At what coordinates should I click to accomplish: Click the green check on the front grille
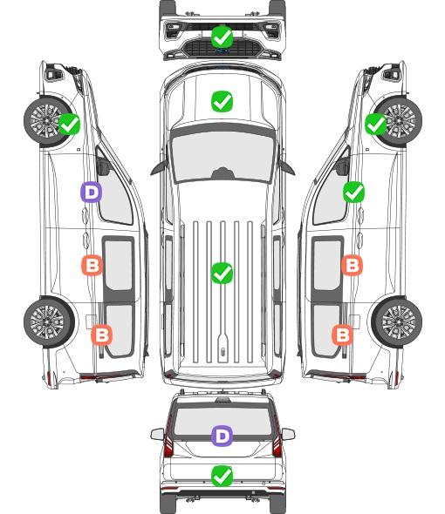tap(222, 37)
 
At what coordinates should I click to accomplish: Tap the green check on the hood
tap(222, 101)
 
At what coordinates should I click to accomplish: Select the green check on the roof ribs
tap(222, 273)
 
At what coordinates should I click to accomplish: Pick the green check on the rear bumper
tap(222, 476)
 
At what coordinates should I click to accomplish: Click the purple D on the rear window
tap(222, 436)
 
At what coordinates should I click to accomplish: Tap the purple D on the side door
tap(91, 192)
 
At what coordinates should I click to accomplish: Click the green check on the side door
tap(353, 192)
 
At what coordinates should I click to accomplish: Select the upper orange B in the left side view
tap(92, 265)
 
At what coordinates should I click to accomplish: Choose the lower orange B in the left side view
tap(101, 335)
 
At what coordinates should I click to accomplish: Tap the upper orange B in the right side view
tap(352, 265)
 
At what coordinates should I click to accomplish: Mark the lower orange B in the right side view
tap(343, 335)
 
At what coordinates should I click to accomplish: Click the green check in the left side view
tap(69, 124)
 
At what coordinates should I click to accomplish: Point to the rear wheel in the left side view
tap(49, 322)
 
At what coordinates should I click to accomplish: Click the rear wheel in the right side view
tap(397, 322)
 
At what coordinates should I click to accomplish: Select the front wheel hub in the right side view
tap(399, 120)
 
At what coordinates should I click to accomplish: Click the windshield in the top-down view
tap(222, 156)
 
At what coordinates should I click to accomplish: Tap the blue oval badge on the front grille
tap(222, 51)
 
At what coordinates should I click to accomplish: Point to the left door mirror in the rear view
tap(157, 434)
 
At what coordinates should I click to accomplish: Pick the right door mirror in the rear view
tap(288, 434)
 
